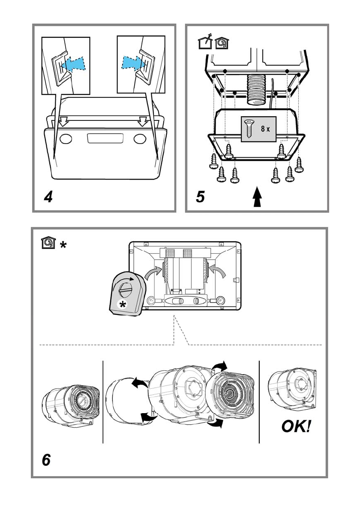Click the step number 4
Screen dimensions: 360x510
[48, 197]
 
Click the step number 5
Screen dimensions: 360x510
[200, 197]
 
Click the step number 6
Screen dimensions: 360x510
[46, 460]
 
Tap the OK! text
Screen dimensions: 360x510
[296, 426]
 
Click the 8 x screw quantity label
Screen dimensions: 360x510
[265, 129]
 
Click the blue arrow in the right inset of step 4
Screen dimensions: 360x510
[134, 62]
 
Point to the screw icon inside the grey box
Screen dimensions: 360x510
[249, 129]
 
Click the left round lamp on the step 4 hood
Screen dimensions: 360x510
[66, 138]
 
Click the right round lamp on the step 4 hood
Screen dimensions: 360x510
[140, 138]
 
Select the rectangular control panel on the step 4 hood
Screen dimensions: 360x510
[105, 138]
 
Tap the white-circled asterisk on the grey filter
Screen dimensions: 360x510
[123, 304]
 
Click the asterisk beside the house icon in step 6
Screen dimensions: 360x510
[63, 244]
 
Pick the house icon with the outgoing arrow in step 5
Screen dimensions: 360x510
[205, 41]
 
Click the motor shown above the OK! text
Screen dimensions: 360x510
[292, 389]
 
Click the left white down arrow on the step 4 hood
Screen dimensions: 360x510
[63, 122]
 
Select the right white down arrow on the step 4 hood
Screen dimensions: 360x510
[142, 122]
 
